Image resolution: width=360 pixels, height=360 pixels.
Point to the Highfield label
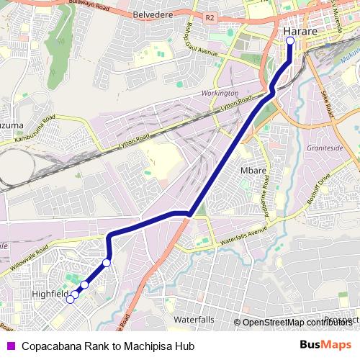pos(50,294)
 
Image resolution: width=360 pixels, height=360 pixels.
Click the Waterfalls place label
pos(194,319)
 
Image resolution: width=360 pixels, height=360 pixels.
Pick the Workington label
pos(220,94)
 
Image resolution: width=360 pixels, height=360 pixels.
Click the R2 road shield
pos(210,17)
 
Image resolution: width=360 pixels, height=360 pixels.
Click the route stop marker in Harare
pos(290,41)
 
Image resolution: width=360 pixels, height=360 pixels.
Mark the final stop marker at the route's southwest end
pos(70,300)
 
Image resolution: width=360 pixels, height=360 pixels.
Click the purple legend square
pos(11,346)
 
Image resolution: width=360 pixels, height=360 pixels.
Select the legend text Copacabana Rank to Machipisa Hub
pos(108,346)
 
